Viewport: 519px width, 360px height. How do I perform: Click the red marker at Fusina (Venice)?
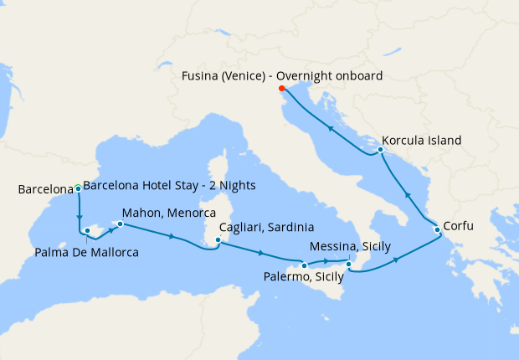tap(281, 89)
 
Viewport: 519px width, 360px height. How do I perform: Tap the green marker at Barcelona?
tap(78, 188)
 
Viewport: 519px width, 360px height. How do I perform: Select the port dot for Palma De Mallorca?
tap(87, 229)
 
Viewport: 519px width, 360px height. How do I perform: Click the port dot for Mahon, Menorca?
tap(120, 224)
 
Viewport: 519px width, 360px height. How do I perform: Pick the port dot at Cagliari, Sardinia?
tap(218, 240)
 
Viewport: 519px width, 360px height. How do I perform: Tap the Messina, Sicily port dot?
tap(349, 265)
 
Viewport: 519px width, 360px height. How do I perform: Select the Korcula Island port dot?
tap(381, 150)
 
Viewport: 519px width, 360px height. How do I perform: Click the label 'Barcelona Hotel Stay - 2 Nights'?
tap(170, 186)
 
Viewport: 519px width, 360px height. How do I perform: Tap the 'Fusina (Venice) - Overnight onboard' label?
tap(282, 75)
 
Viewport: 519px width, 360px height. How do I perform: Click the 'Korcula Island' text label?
tap(422, 141)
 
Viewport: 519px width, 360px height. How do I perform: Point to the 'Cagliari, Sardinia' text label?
tap(266, 227)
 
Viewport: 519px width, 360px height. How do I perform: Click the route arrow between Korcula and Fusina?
tap(330, 129)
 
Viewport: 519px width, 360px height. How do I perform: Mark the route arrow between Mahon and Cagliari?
tap(172, 237)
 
